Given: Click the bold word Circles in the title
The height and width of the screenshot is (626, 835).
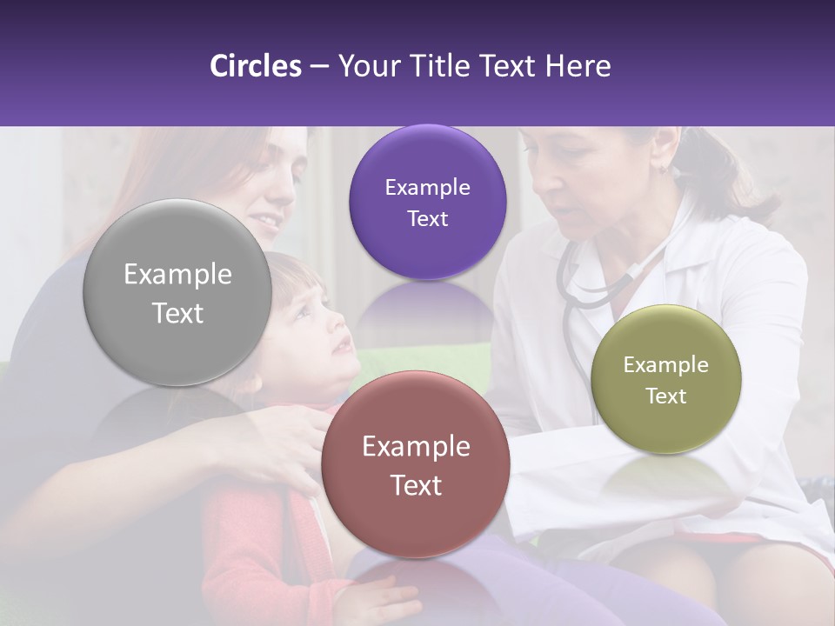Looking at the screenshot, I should (x=256, y=66).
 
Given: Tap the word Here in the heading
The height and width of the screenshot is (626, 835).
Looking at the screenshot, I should (x=578, y=66).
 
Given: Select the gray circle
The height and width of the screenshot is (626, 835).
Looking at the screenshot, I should (x=177, y=293).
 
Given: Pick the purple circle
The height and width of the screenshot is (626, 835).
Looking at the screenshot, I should (x=427, y=203).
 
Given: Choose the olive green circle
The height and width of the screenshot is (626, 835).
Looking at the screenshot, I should (x=665, y=379).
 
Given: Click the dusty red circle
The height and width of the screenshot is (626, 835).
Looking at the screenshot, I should (x=416, y=464).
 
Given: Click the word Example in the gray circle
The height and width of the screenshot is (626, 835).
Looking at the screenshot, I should (x=177, y=275).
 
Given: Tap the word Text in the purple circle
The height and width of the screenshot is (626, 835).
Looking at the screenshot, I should (x=427, y=219).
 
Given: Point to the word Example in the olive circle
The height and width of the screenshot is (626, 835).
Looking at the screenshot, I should (x=665, y=365).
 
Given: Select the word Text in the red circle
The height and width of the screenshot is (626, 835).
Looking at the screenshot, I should (x=416, y=485).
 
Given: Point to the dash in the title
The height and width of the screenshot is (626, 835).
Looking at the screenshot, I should (x=319, y=67).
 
